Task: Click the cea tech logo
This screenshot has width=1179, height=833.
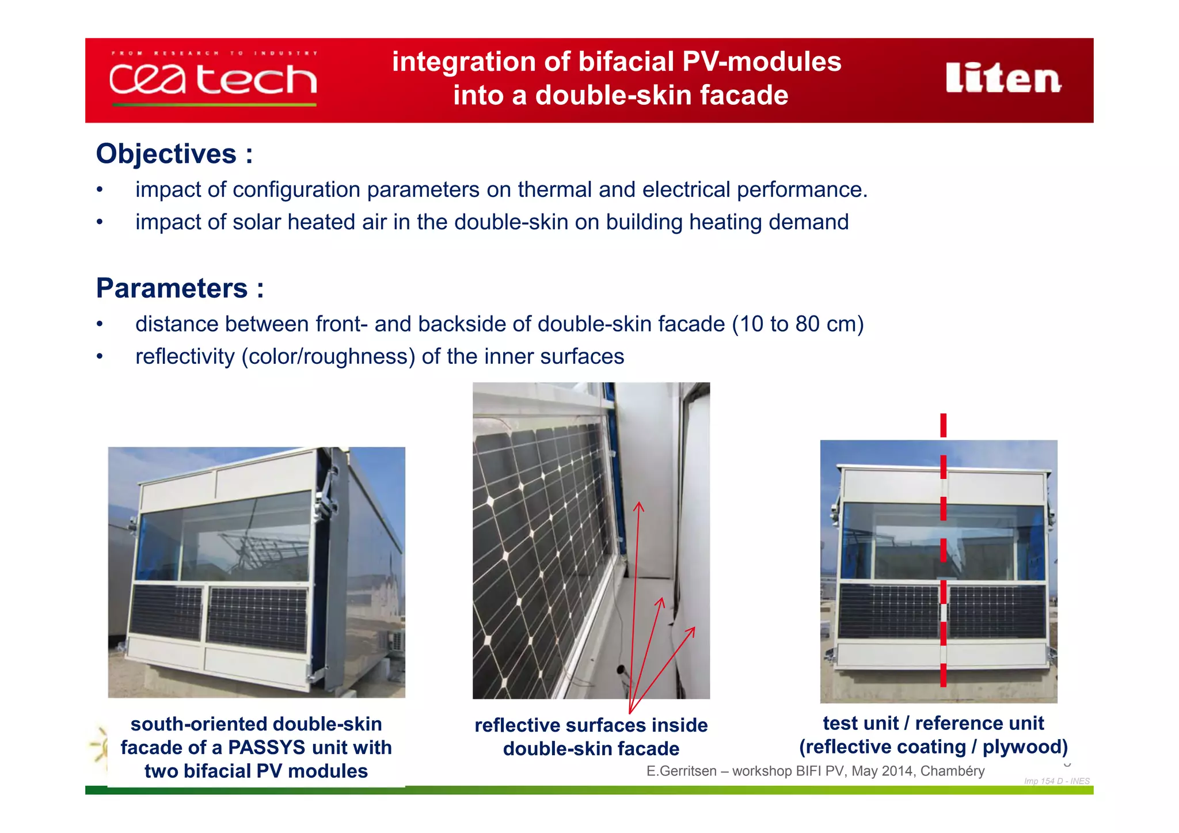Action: pos(213,79)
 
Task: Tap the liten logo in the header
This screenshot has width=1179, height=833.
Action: pos(1003,78)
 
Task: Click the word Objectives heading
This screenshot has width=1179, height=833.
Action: pos(166,154)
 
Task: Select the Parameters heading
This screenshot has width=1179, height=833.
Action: pos(172,288)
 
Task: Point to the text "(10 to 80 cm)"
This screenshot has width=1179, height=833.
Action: pos(798,324)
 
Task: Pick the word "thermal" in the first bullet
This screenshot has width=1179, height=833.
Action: pos(555,190)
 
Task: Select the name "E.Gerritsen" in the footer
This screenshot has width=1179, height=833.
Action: pos(681,771)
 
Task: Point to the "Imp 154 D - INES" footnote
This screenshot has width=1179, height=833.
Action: pos(1056,781)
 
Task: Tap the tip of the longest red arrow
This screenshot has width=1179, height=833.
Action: pos(639,503)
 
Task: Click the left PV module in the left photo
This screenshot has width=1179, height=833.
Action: pos(166,611)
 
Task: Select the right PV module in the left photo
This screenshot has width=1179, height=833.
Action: pos(257,618)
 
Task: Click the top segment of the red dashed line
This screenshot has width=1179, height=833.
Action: pos(944,425)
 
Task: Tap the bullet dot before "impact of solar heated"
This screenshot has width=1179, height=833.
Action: pos(100,222)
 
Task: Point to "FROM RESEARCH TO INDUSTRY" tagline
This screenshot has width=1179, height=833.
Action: pos(214,53)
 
